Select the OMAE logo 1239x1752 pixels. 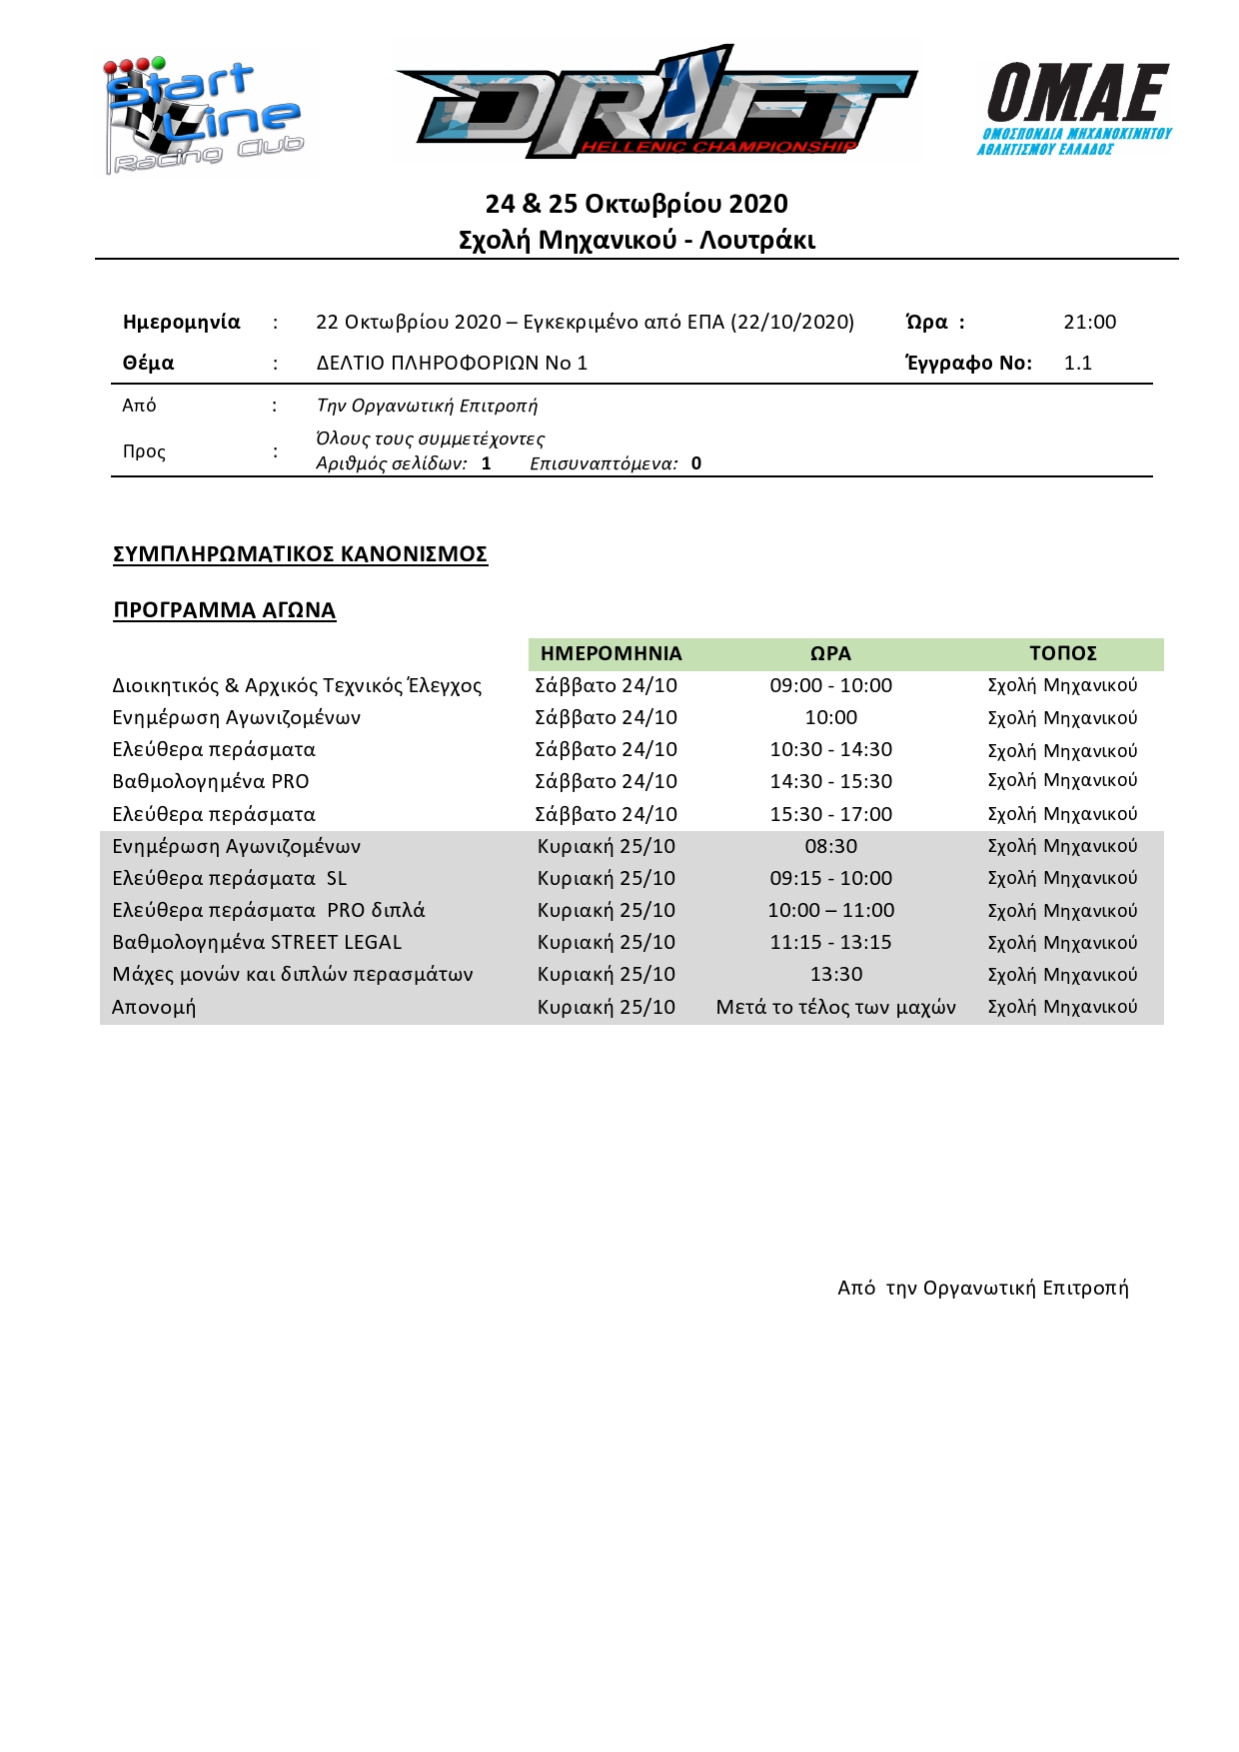[1075, 108]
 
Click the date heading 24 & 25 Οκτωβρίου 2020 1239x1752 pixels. [636, 204]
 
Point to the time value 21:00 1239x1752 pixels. [1089, 323]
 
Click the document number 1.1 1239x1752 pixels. [1077, 364]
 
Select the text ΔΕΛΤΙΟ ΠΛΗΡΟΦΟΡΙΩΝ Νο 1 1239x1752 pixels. [452, 364]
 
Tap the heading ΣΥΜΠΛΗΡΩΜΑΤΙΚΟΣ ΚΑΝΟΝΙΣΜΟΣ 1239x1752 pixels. [300, 554]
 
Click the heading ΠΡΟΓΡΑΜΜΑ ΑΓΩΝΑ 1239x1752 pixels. [224, 610]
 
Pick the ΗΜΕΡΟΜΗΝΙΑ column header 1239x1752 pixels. [611, 654]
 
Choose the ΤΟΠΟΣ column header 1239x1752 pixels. [1062, 654]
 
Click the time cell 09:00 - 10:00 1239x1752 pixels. [830, 686]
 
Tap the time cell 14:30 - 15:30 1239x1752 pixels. [830, 782]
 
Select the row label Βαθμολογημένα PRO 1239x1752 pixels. [211, 782]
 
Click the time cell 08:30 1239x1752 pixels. [830, 847]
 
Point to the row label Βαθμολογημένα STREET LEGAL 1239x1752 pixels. [257, 943]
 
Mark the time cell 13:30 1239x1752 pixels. [835, 975]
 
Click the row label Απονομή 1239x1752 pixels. [154, 1007]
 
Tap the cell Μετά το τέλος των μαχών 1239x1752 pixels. [835, 1007]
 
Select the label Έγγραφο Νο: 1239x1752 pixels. [968, 364]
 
